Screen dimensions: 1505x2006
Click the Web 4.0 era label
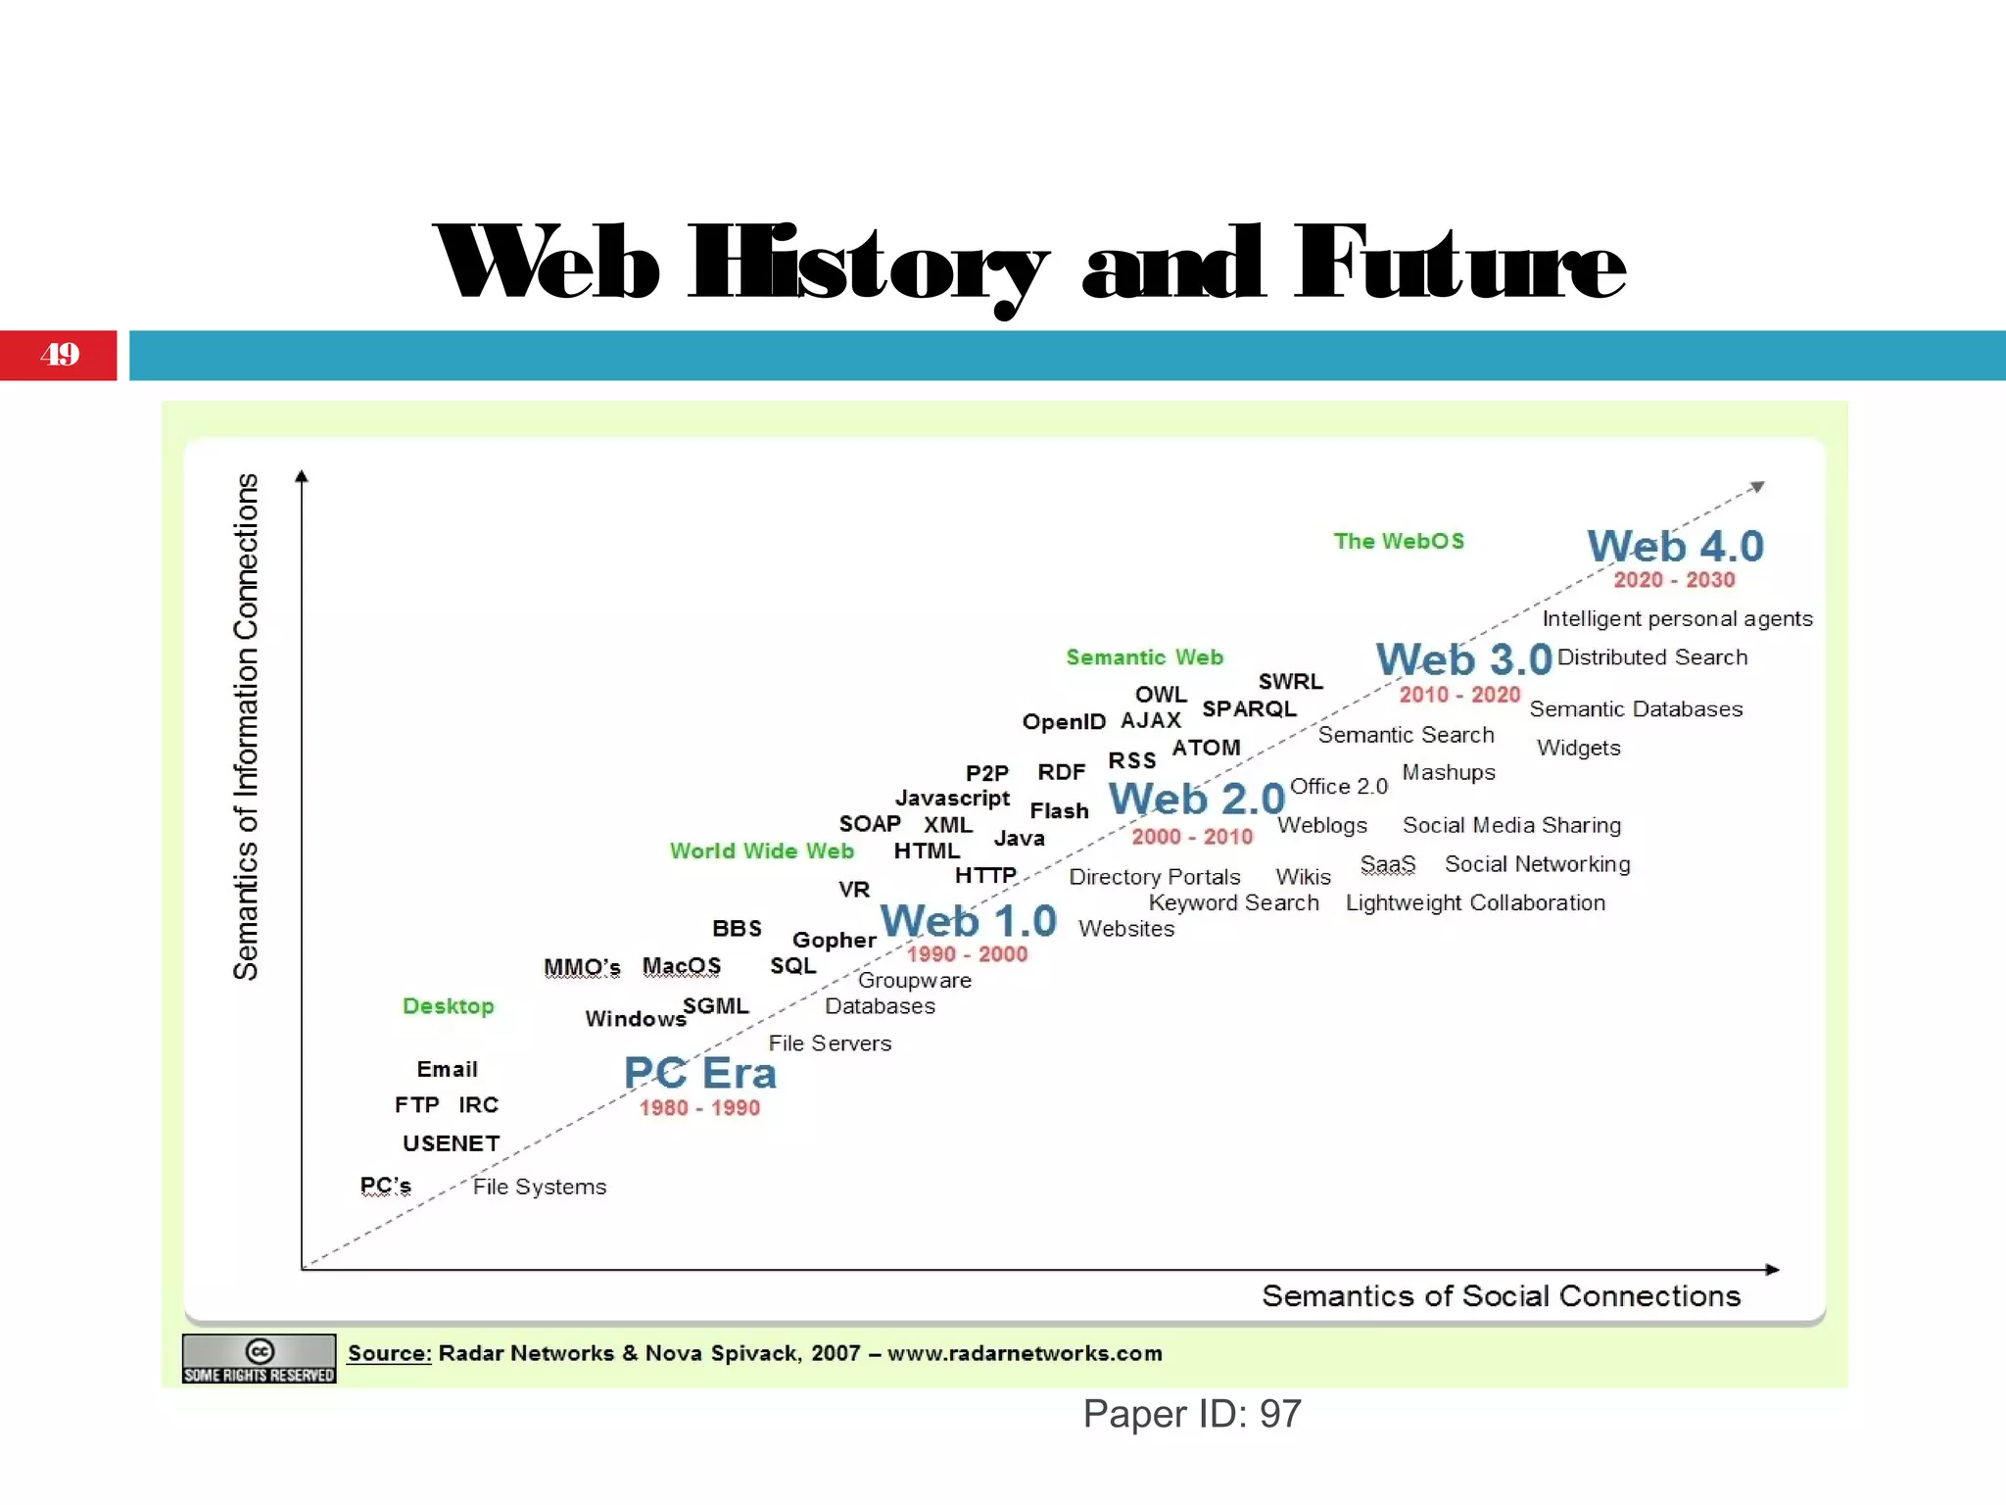tap(1675, 547)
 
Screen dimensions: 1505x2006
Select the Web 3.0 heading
tap(1463, 659)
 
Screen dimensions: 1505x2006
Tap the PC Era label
tap(700, 1073)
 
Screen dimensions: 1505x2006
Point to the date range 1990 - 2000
tap(967, 954)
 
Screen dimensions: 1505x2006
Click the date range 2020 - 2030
tap(1674, 580)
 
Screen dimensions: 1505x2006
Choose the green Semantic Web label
tap(1144, 657)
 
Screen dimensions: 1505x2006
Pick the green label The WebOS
tap(1399, 541)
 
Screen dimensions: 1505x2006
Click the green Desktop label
tap(449, 1006)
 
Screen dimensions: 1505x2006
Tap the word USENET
tap(452, 1143)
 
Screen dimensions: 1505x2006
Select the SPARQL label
tap(1249, 708)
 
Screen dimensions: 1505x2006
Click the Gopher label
tap(834, 941)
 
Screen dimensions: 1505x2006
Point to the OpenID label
tap(1064, 722)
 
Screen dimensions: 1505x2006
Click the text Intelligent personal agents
tap(1677, 619)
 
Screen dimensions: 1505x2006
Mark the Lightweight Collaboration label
tap(1475, 903)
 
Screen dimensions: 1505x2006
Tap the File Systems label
tap(540, 1188)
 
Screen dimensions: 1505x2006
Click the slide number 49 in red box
tap(60, 355)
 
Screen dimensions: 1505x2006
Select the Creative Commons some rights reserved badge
tap(260, 1359)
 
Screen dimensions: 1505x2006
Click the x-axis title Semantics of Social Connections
tap(1501, 1296)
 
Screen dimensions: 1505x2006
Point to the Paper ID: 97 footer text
tap(1192, 1414)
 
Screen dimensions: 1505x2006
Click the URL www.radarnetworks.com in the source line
tap(1025, 1353)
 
